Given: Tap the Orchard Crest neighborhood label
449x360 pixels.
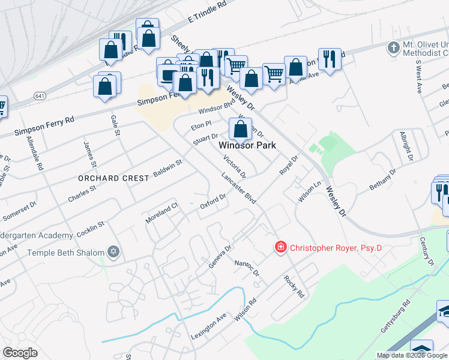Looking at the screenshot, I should [x=113, y=178].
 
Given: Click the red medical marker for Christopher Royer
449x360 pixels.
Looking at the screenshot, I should [x=280, y=247].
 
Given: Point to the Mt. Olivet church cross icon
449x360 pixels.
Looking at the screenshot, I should [x=393, y=47].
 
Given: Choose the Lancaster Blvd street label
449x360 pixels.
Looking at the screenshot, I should [x=238, y=188].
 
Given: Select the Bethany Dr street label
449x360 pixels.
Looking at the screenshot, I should [x=382, y=179].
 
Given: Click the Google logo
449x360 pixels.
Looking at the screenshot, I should [x=20, y=353].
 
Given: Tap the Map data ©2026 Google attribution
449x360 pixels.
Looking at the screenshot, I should [x=412, y=355].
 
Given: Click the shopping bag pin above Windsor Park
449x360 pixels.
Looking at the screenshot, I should [x=240, y=128].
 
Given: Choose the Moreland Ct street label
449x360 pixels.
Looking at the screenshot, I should [x=162, y=213].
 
